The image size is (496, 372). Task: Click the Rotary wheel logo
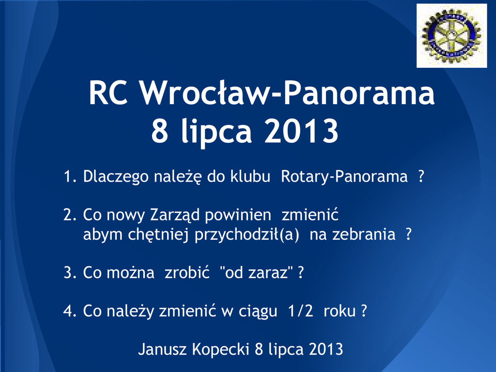(451, 35)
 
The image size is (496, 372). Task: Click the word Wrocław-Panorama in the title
(288, 93)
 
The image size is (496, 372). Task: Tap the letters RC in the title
(108, 93)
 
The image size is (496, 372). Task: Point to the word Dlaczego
(116, 176)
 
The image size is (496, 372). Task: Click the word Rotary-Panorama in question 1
(344, 176)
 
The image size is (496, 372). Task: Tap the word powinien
(238, 215)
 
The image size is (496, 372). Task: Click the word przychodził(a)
(247, 235)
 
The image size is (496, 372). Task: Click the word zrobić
(187, 272)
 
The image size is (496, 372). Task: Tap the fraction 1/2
(300, 310)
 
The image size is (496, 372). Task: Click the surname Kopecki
(221, 349)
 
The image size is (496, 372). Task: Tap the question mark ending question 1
(421, 176)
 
